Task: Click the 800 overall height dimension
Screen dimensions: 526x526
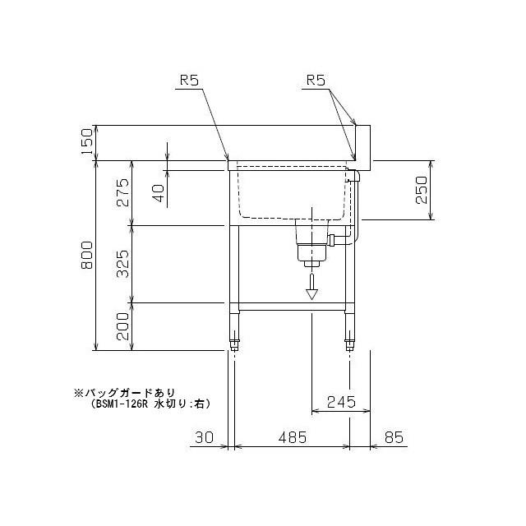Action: pyautogui.click(x=87, y=255)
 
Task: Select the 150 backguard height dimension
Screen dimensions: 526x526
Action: pyautogui.click(x=87, y=141)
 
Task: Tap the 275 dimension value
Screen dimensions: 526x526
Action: pyautogui.click(x=122, y=192)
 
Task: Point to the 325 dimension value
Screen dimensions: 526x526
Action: pyautogui.click(x=122, y=264)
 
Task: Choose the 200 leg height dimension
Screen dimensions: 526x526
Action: pyautogui.click(x=122, y=326)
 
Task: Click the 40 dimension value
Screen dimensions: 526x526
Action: pyautogui.click(x=159, y=193)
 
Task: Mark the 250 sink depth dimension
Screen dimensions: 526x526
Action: pyautogui.click(x=422, y=190)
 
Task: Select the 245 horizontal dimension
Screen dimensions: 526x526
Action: pyautogui.click(x=341, y=402)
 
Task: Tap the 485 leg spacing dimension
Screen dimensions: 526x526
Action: pyautogui.click(x=293, y=437)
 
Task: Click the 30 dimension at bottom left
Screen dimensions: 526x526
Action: pyautogui.click(x=205, y=437)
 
